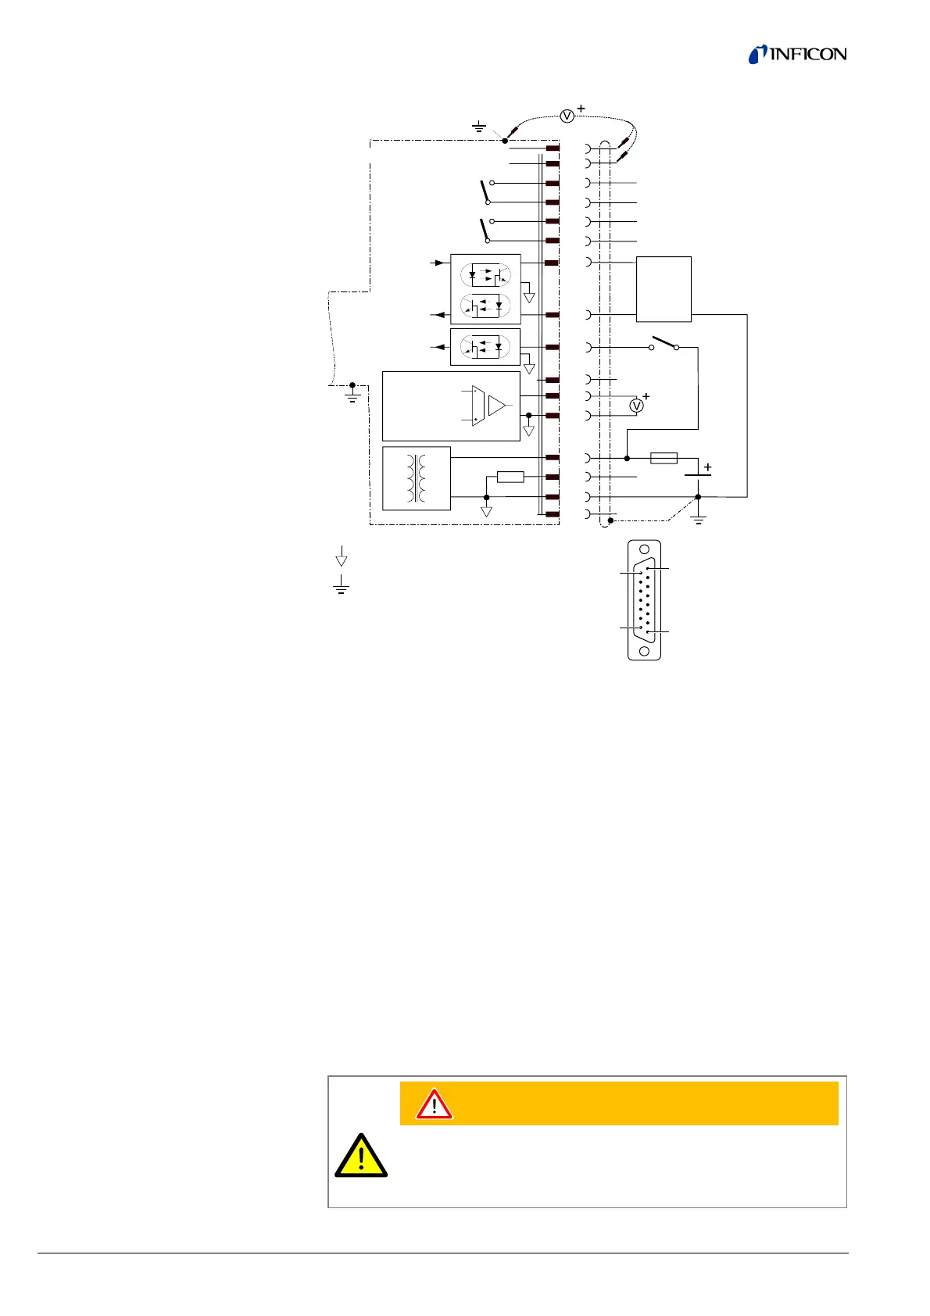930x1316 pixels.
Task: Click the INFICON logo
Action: tap(797, 54)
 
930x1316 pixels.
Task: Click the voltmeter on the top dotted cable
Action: tap(568, 116)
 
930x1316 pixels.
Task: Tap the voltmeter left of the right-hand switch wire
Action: tap(637, 406)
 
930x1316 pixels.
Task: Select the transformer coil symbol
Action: tap(416, 477)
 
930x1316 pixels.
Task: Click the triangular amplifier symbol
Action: tap(497, 406)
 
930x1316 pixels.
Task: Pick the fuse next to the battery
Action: tap(664, 458)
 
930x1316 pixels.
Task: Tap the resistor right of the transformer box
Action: tap(510, 477)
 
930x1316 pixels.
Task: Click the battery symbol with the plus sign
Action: tap(697, 474)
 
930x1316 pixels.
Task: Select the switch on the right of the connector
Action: tap(664, 344)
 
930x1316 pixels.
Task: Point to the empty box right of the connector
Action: tap(664, 288)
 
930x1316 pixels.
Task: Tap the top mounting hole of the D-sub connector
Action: tap(644, 552)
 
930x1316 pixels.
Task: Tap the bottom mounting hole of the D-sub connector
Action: tap(644, 650)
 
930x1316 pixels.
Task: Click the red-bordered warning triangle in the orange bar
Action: tap(434, 1104)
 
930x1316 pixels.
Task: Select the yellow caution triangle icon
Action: tap(361, 1156)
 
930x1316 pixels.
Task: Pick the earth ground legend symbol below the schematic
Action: tap(341, 586)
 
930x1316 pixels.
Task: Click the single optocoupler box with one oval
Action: tap(485, 347)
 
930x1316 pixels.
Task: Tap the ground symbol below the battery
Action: tap(699, 517)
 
